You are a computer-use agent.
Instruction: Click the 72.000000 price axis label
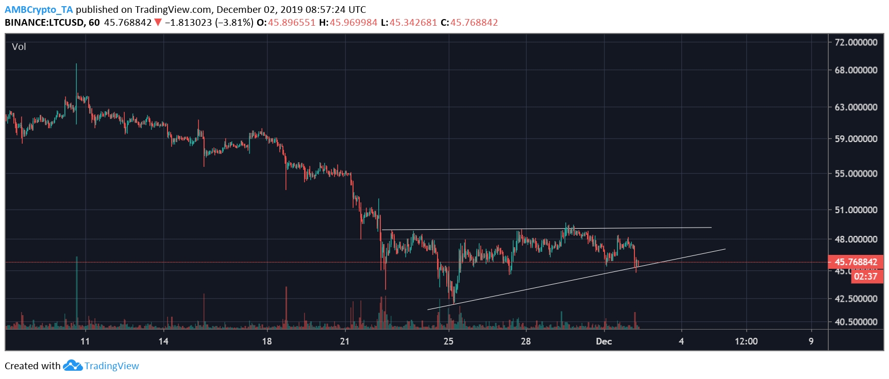pos(856,42)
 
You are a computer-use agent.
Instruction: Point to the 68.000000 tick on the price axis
pos(856,70)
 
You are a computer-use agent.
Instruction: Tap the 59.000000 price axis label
pos(856,139)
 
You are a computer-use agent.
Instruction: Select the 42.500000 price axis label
pos(856,299)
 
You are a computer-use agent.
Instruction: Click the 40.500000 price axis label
pos(856,322)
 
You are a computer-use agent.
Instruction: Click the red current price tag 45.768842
pos(856,262)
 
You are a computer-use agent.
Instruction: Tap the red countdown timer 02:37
pos(865,277)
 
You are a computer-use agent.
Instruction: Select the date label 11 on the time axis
pos(85,341)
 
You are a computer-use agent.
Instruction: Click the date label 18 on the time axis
pos(267,341)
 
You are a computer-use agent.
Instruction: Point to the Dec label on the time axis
pos(604,341)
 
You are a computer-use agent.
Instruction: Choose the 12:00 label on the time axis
pos(746,341)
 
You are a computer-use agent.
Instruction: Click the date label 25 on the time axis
pos(448,341)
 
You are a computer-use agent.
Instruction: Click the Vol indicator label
pos(19,47)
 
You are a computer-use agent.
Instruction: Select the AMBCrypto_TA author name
pos(39,10)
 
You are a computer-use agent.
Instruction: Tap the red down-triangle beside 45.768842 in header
pos(158,23)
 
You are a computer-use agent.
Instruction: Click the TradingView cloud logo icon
pos(73,366)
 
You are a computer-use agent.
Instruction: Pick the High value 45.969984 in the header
pos(354,23)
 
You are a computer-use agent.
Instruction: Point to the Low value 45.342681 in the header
pos(413,23)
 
